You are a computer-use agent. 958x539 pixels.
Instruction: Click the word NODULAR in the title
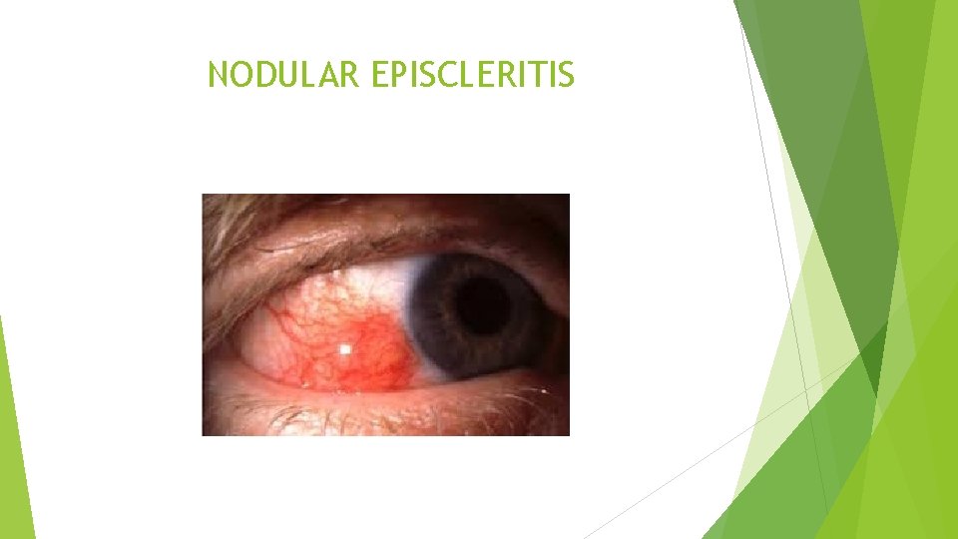(282, 74)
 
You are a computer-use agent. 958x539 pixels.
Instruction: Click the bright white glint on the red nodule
(345, 348)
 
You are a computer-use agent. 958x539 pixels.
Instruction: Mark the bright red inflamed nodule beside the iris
(374, 344)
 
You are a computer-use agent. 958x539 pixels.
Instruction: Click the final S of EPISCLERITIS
(567, 74)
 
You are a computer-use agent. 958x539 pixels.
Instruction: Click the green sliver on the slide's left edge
(15, 439)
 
